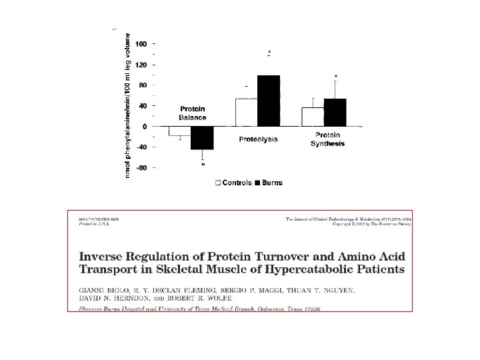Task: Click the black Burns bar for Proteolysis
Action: tap(269, 101)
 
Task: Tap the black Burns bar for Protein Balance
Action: tap(203, 137)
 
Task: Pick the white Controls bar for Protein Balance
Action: tap(179, 131)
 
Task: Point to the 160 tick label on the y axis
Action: tap(142, 44)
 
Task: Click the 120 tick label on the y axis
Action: tap(142, 65)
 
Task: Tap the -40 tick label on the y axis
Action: tap(141, 147)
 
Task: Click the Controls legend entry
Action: tap(233, 183)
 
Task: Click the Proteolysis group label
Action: tap(258, 139)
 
